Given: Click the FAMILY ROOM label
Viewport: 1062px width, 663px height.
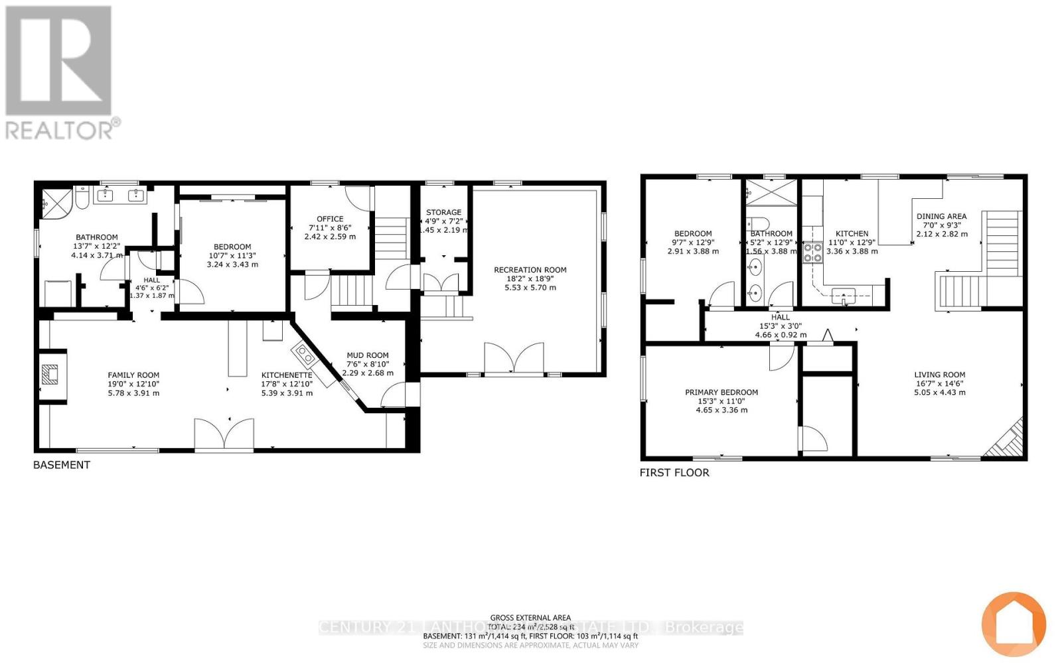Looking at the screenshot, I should (133, 375).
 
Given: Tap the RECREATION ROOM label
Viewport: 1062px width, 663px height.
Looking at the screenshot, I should (530, 270).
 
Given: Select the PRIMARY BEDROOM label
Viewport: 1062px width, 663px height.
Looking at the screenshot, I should (721, 392).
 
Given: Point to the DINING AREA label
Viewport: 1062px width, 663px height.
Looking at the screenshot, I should (941, 216).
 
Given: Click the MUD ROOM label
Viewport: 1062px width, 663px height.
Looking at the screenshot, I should (368, 355).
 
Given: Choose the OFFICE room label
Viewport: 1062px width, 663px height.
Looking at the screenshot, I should (330, 219).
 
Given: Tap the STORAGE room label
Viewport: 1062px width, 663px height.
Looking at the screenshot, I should (443, 213).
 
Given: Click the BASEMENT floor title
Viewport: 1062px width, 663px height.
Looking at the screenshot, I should (62, 465).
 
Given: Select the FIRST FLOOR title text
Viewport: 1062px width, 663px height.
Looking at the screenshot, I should (674, 473).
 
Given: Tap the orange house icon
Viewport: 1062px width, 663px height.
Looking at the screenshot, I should (1014, 624).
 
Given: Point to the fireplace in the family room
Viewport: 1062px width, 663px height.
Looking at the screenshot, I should (50, 375).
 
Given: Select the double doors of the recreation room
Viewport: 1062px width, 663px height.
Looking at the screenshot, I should (514, 359).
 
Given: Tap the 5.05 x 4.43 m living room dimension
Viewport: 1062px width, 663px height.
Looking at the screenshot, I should (939, 392).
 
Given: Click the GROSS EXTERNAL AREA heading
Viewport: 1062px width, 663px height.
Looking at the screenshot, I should (530, 618).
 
